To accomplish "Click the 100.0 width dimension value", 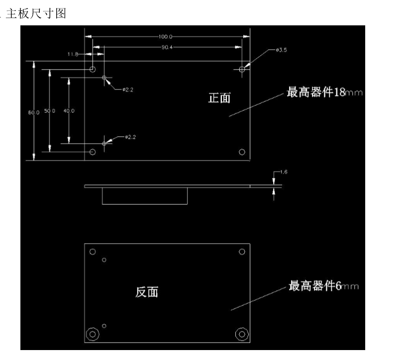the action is point(166,36).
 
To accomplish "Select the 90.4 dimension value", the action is point(167,47).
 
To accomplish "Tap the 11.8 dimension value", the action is point(73,54).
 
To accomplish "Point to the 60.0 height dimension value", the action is point(34,112).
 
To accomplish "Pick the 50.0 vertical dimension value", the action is point(49,111).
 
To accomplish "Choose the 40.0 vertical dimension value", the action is point(69,111).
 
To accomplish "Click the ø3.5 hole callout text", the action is point(281,50).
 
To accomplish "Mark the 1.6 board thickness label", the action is point(284,172).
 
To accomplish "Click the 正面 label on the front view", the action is point(219,98).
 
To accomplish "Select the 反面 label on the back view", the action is point(147,292).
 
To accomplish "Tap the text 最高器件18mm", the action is point(324,92).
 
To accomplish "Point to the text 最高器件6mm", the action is point(324,285).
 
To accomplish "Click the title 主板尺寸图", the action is point(36,13).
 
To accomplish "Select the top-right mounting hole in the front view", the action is point(242,69).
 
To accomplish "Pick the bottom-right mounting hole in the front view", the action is point(242,152).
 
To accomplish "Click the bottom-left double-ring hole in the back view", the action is point(93,334).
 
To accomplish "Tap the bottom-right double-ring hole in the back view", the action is point(242,334).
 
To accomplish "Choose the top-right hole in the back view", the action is point(242,252).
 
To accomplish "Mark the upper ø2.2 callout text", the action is point(128,90).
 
